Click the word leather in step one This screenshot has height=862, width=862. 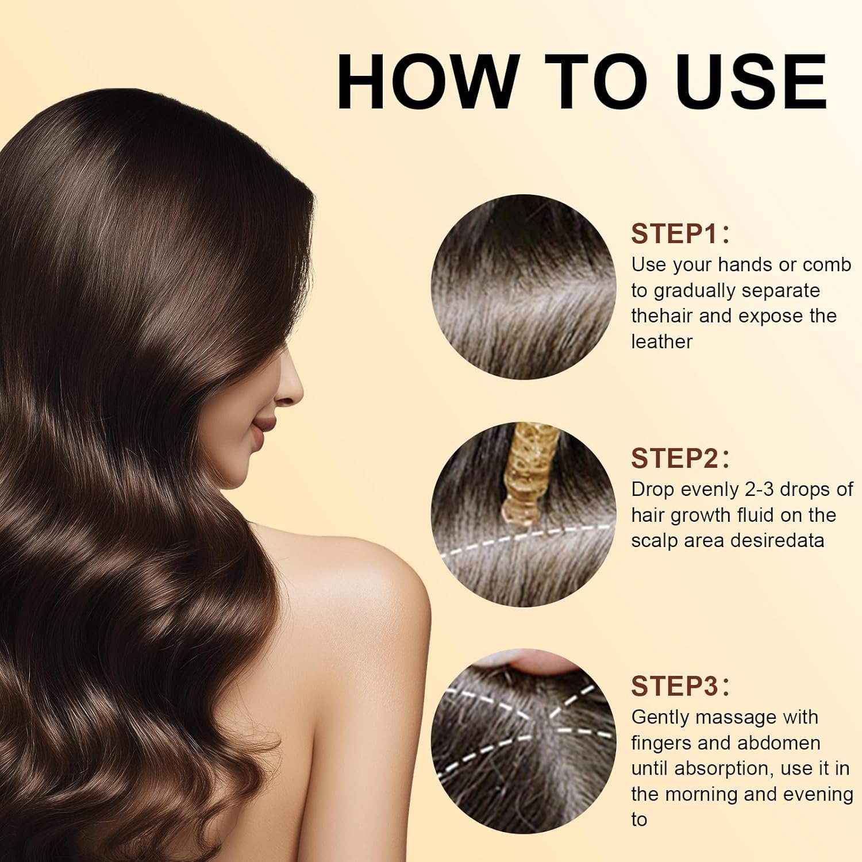coord(662,341)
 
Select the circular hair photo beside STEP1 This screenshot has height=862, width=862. coord(523,287)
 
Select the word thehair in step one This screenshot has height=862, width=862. coord(662,315)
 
